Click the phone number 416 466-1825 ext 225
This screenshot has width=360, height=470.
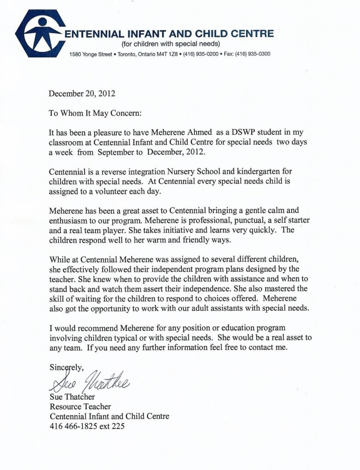[87, 426]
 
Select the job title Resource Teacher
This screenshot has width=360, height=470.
[80, 406]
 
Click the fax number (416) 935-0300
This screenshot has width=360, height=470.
[253, 54]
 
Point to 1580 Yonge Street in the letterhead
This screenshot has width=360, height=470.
[91, 54]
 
